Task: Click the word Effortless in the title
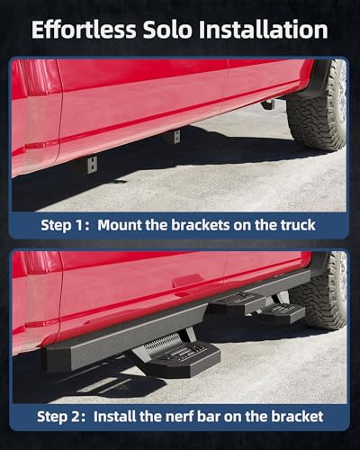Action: click(x=84, y=30)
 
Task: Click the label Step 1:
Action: click(x=65, y=225)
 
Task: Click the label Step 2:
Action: click(x=61, y=417)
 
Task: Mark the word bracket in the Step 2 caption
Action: click(x=297, y=417)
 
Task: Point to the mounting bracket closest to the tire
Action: click(x=268, y=103)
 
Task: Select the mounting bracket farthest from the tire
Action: click(x=92, y=165)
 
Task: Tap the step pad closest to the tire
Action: click(x=281, y=312)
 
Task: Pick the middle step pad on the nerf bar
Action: click(x=237, y=303)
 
